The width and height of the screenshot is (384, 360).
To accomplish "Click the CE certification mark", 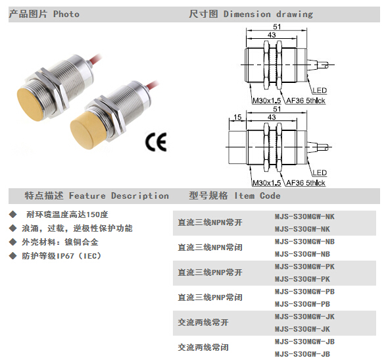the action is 156,142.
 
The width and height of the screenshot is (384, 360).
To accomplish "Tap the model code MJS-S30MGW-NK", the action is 304,217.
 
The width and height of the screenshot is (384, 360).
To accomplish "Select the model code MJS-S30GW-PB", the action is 302,304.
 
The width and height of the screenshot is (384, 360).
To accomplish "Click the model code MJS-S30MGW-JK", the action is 304,317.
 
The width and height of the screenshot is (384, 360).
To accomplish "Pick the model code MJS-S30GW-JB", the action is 302,354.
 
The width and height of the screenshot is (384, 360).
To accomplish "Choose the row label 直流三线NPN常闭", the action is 210,247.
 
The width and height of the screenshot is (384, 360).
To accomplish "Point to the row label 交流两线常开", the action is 203,322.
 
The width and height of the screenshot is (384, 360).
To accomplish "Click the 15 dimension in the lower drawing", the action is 237,117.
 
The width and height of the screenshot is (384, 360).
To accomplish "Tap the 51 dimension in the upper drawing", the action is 277,26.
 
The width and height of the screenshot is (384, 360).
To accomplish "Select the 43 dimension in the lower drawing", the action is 272,117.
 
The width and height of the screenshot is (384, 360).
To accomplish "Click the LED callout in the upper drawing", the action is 320,90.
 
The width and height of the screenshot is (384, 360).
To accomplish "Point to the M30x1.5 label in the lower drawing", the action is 267,183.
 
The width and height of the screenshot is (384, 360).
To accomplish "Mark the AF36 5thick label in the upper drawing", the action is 306,101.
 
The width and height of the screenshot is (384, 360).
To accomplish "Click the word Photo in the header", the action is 66,14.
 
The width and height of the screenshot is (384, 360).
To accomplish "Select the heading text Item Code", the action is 257,195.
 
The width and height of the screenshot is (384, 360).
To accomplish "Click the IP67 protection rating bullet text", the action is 61,256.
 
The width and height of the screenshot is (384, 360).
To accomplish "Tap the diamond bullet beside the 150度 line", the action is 12,215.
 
